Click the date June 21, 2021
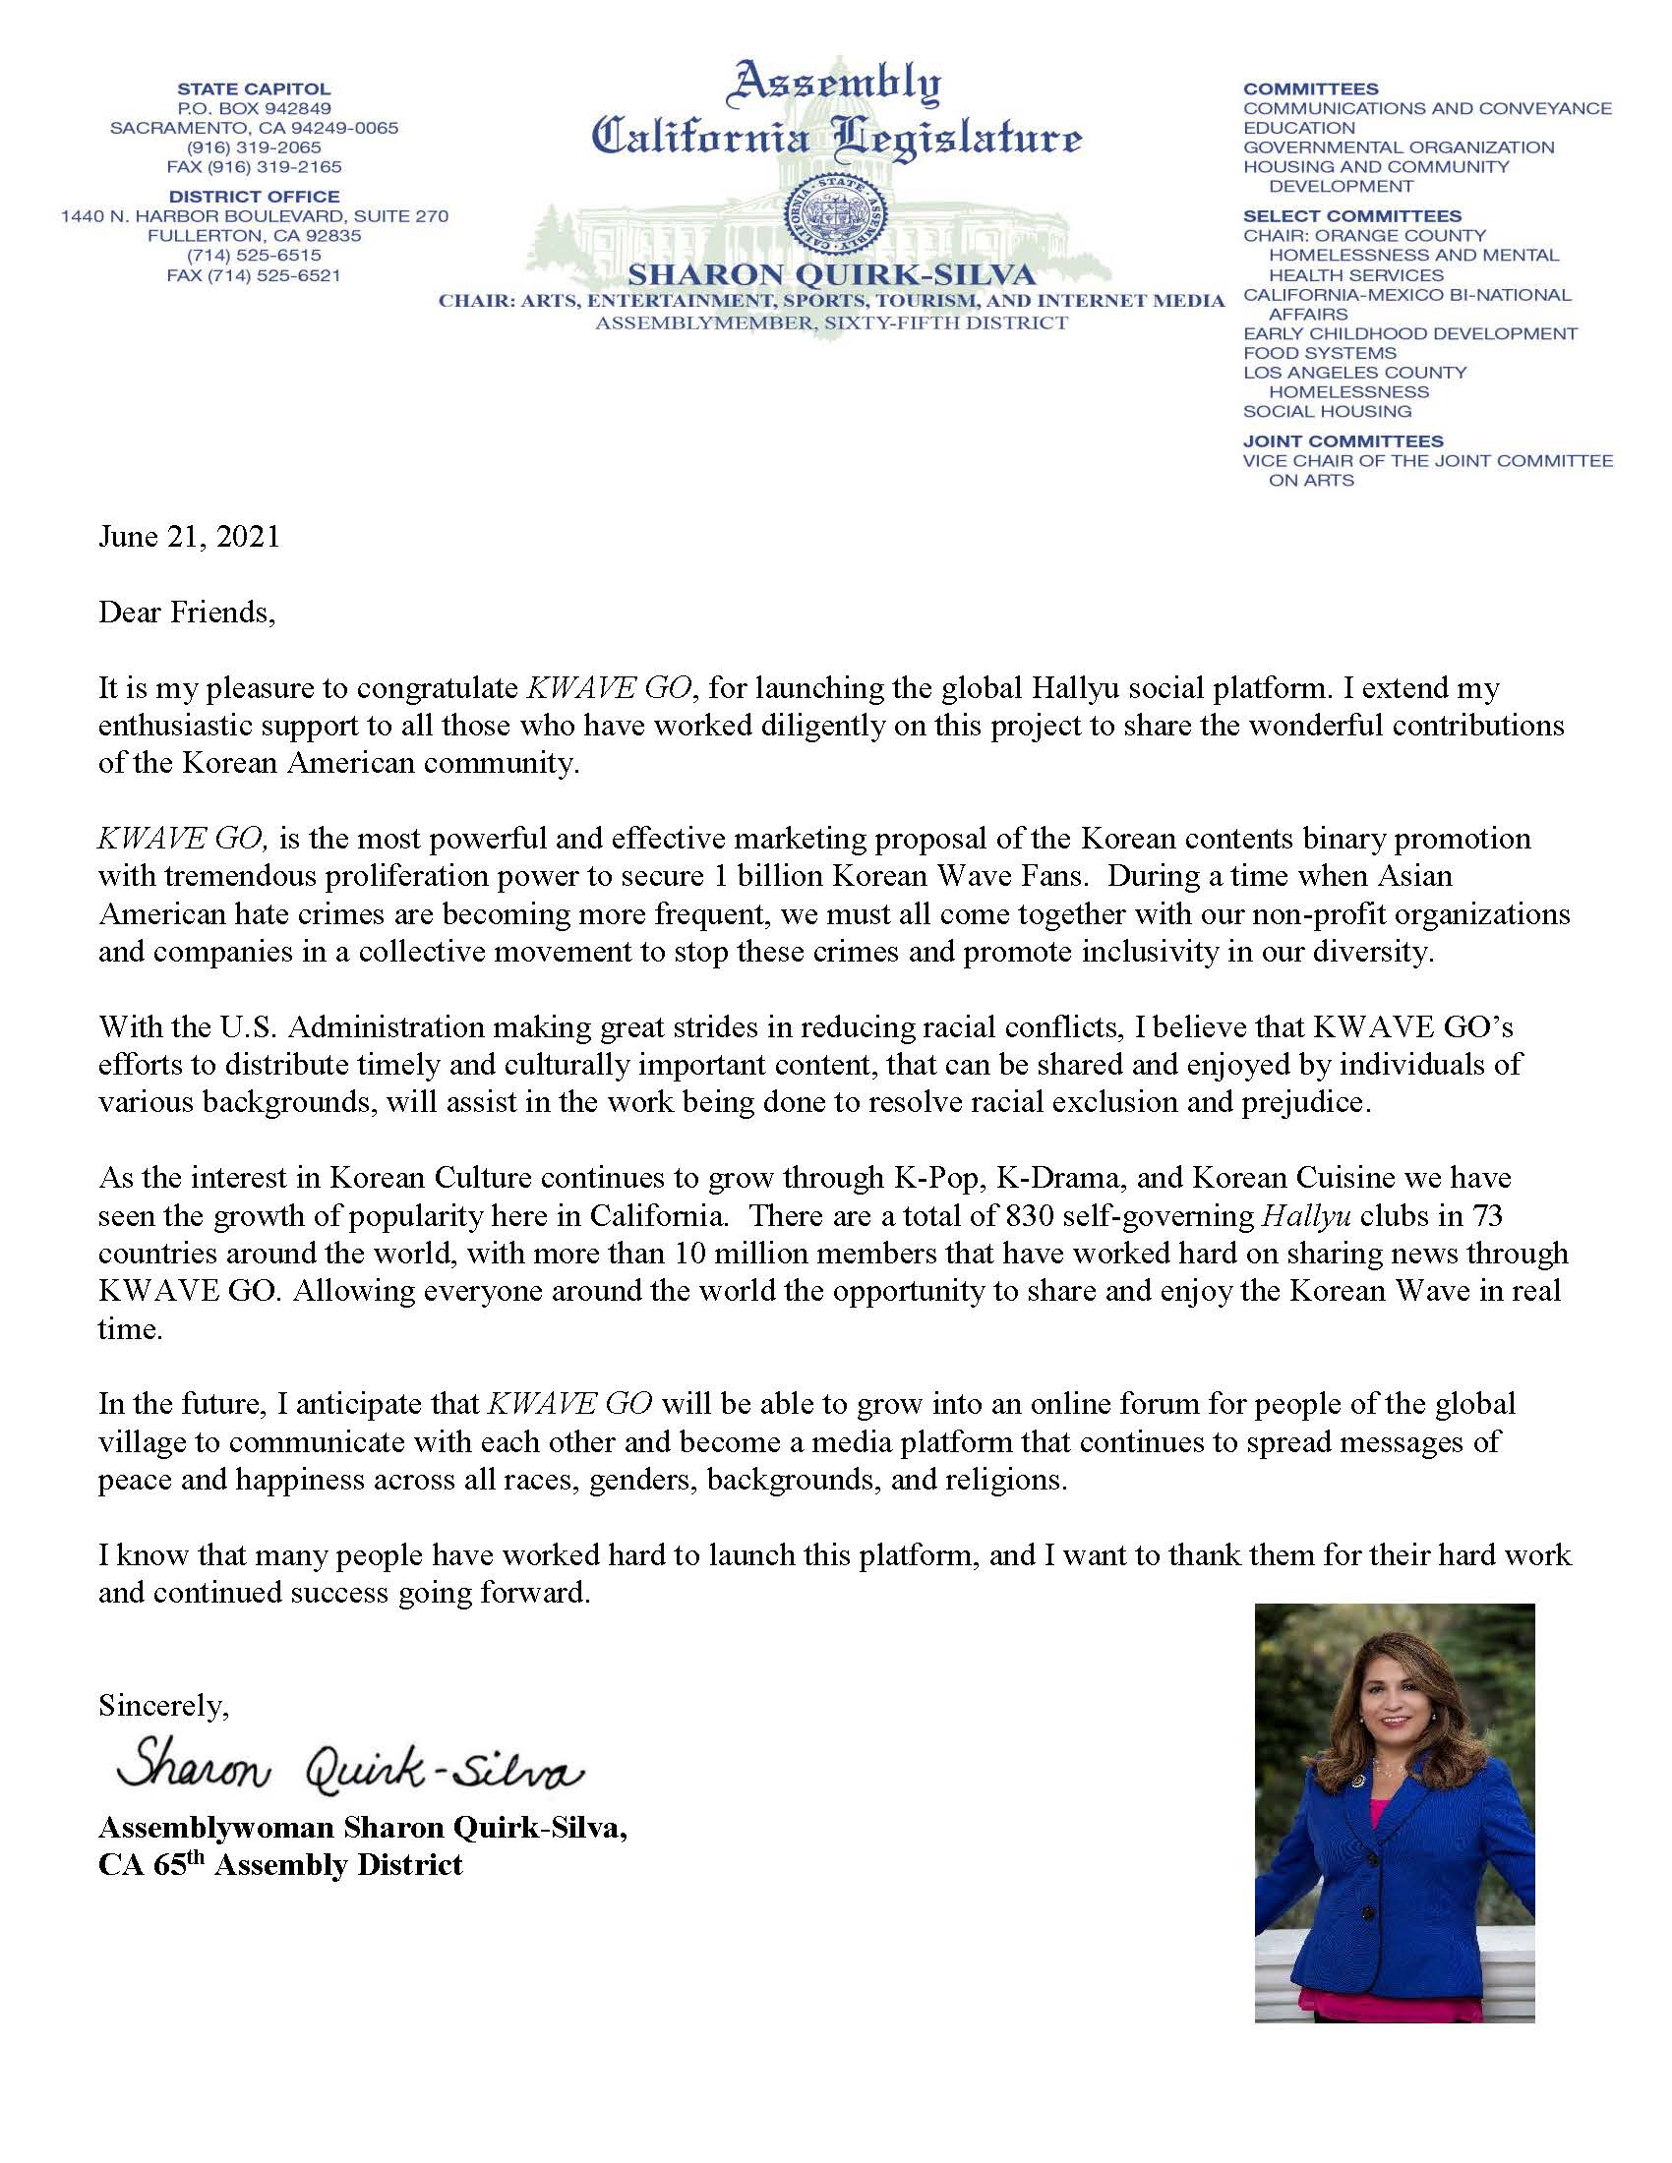point(189,537)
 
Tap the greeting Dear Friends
point(186,613)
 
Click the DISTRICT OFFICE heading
point(254,197)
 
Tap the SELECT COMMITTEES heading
point(1352,216)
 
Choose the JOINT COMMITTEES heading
point(1344,441)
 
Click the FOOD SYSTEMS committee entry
point(1319,354)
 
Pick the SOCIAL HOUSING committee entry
point(1328,412)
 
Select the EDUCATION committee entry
point(1298,128)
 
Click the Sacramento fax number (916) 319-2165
point(254,167)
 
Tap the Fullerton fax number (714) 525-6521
point(254,275)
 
